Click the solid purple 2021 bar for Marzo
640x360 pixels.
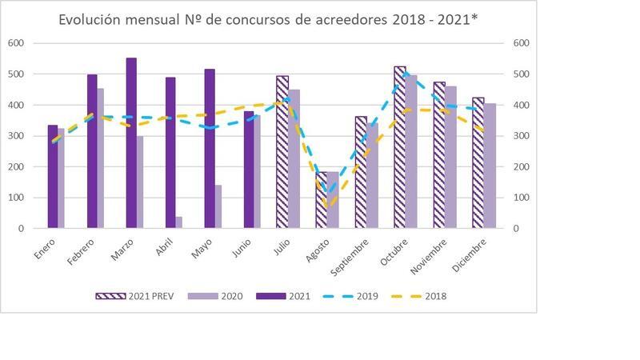click(131, 144)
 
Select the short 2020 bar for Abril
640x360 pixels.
click(179, 222)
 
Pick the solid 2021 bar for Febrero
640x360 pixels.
click(92, 152)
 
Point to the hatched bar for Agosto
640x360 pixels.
click(322, 200)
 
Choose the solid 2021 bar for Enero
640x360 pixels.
click(53, 177)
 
